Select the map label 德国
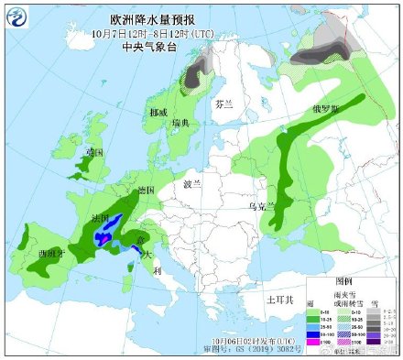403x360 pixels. pyautogui.click(x=145, y=191)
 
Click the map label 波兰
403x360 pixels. pyautogui.click(x=191, y=184)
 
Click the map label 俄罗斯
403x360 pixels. pyautogui.click(x=325, y=107)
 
